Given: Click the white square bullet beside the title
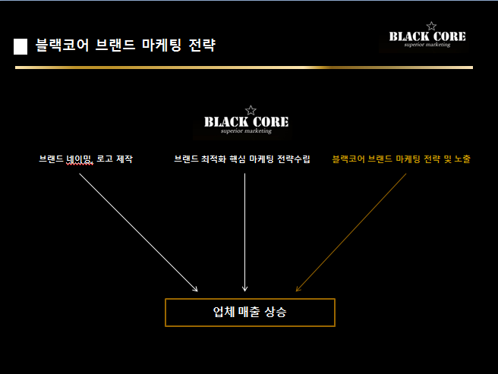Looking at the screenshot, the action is tap(20, 47).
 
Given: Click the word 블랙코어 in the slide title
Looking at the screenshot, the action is tap(62, 45).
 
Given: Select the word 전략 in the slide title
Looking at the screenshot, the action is tap(202, 45).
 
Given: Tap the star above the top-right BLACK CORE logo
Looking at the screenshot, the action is tap(431, 26).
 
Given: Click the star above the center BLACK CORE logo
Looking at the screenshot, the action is tap(251, 111).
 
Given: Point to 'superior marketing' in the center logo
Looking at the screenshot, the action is tap(246, 130).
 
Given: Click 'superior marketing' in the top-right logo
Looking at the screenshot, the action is tap(427, 45).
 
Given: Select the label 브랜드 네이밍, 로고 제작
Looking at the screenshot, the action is tap(86, 159).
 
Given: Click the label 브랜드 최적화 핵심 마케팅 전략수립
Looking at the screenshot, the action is tap(242, 159).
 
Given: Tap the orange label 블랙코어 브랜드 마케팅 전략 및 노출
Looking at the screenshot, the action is tap(401, 159).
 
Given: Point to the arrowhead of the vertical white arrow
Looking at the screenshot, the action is tap(244, 289).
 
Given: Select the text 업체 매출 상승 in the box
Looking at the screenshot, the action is tap(250, 312).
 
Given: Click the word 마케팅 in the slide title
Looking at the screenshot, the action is tap(162, 45).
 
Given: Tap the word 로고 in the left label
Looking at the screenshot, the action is tap(105, 159).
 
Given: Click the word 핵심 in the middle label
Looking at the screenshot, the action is tap(238, 159).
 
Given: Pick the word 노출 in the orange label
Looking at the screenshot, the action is tap(462, 159).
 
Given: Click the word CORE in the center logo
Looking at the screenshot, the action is tap(270, 122).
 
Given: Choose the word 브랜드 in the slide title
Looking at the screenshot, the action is tap(115, 45).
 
